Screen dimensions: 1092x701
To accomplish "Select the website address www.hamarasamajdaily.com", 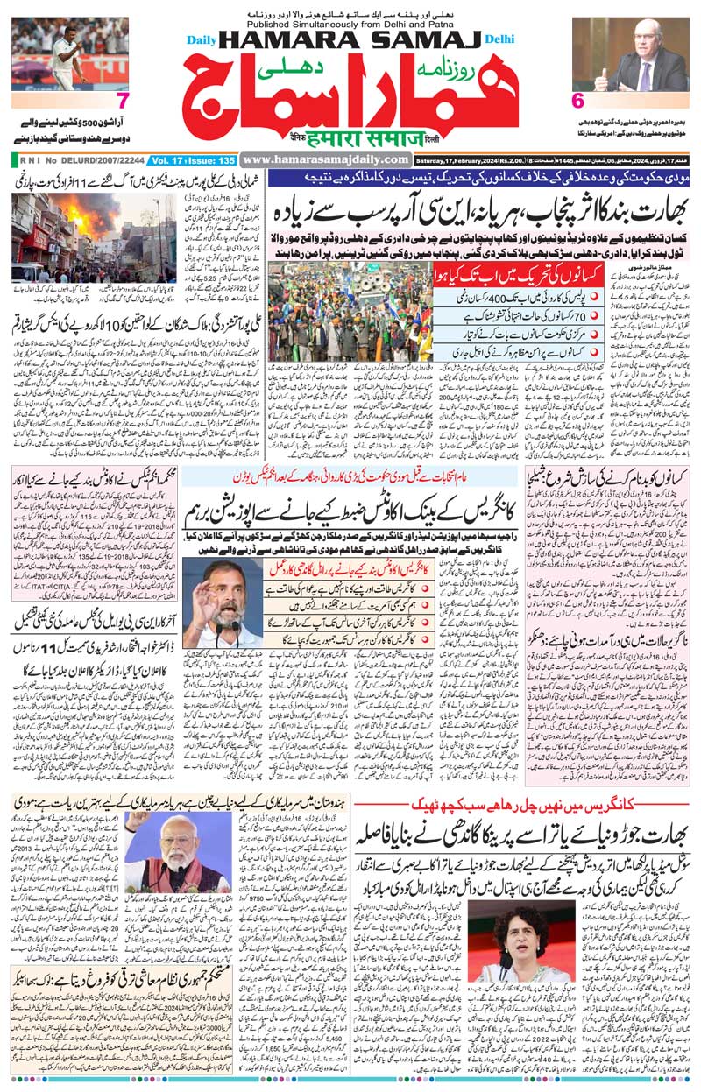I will [x=326, y=159].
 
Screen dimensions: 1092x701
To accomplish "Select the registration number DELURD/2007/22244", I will [x=97, y=160].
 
